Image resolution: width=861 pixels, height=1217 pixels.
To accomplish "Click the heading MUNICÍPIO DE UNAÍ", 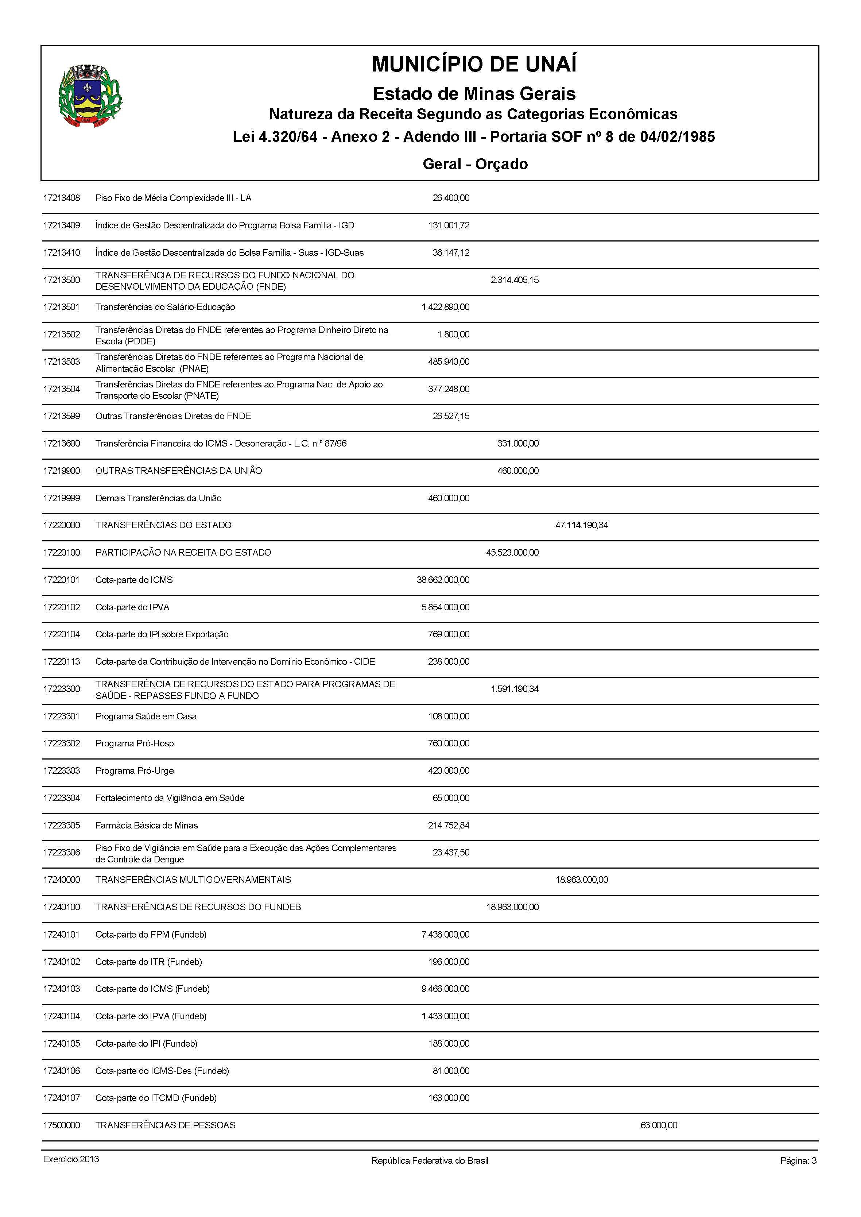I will point(474,64).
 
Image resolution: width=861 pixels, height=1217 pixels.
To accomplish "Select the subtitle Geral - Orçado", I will point(475,164).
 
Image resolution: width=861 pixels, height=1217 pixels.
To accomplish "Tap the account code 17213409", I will point(62,225).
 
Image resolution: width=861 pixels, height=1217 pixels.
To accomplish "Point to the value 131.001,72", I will point(449,225).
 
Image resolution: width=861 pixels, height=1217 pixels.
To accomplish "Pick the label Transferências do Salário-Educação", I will point(165,307).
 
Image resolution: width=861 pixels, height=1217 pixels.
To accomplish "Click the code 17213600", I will point(62,443).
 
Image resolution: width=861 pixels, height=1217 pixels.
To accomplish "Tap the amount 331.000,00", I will point(517,443).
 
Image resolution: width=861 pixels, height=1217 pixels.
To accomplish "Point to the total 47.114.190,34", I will point(582,525).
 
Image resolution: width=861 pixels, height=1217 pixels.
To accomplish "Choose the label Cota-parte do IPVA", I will point(132,607).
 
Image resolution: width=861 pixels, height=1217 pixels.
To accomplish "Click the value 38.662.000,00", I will point(443,580).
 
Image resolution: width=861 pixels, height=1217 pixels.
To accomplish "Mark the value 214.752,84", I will point(449,825).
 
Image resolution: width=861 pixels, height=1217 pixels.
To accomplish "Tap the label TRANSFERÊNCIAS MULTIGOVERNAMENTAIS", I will point(193,880).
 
